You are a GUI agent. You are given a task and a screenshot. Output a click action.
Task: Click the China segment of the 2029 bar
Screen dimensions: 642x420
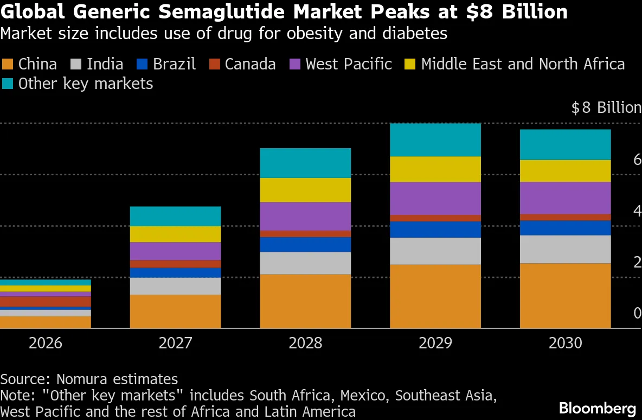click(x=435, y=296)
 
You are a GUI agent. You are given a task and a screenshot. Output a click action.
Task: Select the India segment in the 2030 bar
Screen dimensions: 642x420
click(x=566, y=249)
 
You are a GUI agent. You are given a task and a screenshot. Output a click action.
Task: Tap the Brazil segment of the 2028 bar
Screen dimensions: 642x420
click(x=305, y=245)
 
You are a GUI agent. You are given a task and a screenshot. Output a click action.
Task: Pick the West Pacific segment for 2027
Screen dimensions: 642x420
click(x=175, y=251)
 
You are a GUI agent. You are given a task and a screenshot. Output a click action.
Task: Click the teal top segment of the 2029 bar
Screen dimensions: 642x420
click(x=435, y=140)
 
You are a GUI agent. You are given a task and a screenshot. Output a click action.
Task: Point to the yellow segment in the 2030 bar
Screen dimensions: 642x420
click(x=566, y=171)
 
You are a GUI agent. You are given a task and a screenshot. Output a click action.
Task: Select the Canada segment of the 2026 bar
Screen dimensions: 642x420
click(x=46, y=302)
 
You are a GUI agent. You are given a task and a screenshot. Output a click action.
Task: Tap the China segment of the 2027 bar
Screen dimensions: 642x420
click(x=175, y=311)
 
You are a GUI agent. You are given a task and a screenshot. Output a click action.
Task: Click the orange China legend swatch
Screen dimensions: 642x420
click(x=8, y=65)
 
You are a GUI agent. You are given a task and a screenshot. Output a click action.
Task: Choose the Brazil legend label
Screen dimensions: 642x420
click(x=175, y=65)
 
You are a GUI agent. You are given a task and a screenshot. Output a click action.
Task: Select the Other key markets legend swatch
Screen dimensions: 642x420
click(x=8, y=84)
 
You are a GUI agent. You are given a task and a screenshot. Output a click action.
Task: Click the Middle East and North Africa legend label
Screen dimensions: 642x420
click(x=523, y=65)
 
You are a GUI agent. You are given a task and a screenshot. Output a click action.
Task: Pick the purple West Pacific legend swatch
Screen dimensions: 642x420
click(x=295, y=65)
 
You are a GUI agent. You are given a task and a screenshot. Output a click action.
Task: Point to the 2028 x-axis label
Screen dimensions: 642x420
click(x=305, y=343)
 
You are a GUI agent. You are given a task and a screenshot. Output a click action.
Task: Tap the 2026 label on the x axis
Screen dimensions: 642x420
click(x=46, y=343)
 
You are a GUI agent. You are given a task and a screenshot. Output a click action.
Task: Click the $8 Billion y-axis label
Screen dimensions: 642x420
click(x=606, y=107)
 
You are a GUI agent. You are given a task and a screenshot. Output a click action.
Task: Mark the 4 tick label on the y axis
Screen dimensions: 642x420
click(x=637, y=211)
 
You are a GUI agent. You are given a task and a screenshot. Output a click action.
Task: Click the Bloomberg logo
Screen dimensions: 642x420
click(x=598, y=408)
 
